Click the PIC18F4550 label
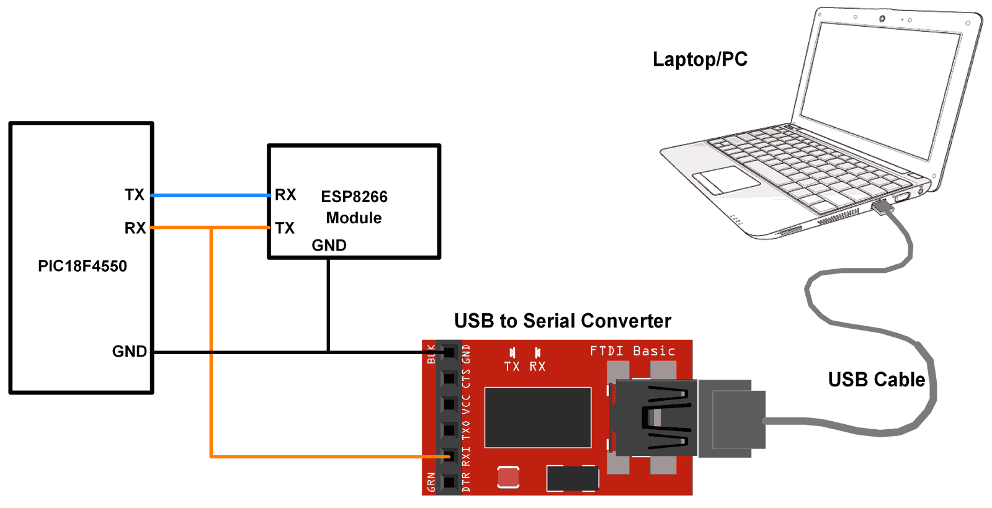pos(82,266)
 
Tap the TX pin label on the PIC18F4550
pos(134,195)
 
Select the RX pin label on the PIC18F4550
pos(135,228)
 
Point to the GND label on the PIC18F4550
pos(129,352)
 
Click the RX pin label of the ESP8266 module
pos(285,195)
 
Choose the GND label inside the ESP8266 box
pos(329,246)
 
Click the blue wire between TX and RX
pos(211,195)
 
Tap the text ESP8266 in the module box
pos(354,197)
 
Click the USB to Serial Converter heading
pos(562,321)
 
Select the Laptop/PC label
pos(700,60)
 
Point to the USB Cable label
pos(876,380)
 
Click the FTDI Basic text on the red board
pos(632,351)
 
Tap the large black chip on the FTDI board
pos(537,417)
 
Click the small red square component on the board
pos(508,477)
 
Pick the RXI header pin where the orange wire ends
pos(449,457)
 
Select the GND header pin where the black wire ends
pos(449,352)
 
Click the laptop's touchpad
pos(726,179)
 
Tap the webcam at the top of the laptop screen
pos(882,19)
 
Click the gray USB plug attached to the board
pos(732,419)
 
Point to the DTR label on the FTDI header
pos(467,483)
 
